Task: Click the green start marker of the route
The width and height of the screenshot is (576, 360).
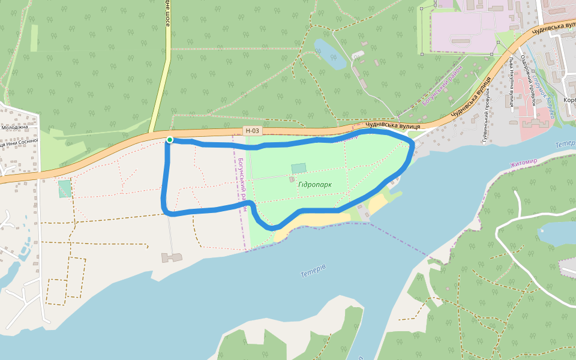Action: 170,140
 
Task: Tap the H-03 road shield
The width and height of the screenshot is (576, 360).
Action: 253,131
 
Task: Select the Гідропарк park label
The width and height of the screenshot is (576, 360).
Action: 314,185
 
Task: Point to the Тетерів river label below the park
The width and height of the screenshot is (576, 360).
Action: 313,271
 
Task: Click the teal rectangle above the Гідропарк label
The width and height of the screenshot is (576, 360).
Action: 298,169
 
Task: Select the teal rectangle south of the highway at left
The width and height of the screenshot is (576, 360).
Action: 64,188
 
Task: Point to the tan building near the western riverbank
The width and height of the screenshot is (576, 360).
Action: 171,257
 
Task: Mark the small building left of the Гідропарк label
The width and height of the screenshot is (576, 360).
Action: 292,179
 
